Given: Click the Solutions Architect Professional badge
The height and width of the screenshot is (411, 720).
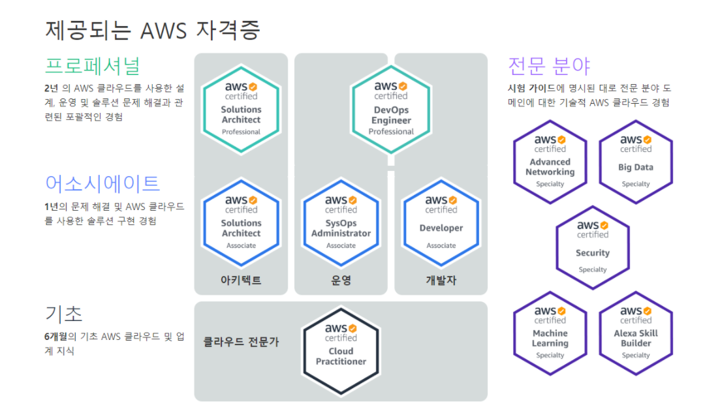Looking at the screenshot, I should click(x=241, y=110).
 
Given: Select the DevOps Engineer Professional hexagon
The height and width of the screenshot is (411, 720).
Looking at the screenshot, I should click(x=391, y=110).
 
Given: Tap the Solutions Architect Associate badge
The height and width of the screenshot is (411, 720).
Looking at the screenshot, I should click(x=241, y=223).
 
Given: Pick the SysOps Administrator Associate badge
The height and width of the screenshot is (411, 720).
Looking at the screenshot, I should click(x=341, y=223).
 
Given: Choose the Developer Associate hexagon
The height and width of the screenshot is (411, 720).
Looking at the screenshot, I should click(x=441, y=223).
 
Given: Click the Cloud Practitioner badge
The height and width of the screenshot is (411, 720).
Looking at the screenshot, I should click(x=341, y=346).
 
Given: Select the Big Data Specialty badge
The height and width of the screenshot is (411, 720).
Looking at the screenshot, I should click(x=635, y=162).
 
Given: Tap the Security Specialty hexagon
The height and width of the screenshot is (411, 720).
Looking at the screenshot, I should click(x=593, y=248).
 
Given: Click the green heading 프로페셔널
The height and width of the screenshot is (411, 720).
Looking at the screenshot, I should click(x=92, y=66).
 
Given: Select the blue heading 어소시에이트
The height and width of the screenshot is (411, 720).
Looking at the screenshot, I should click(x=102, y=183).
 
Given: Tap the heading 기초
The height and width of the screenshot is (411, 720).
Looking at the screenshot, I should click(x=64, y=314).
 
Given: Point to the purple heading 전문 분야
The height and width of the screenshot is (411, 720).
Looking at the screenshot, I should click(x=549, y=66).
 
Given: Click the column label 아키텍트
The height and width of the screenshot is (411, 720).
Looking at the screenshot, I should click(x=241, y=281).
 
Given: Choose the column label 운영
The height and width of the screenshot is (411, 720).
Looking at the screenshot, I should click(x=341, y=281).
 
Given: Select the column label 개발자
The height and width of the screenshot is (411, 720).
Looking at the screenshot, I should click(x=441, y=281).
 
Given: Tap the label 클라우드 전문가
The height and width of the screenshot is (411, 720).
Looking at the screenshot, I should click(x=242, y=341).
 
